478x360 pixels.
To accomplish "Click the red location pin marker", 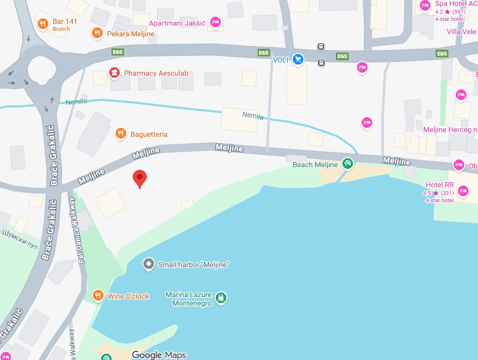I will [140, 177].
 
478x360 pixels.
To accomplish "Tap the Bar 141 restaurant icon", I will [42, 24].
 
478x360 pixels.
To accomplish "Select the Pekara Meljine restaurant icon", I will [98, 32].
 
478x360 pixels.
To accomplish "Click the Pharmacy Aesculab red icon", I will [114, 73].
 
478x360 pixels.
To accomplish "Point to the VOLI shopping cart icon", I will [298, 59].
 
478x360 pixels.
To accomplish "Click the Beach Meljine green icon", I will [347, 163].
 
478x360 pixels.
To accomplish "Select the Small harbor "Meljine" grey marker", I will [148, 264].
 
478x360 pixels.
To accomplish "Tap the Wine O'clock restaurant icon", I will [98, 295].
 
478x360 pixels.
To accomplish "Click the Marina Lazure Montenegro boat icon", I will [221, 298].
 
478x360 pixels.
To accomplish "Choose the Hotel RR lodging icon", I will [463, 191].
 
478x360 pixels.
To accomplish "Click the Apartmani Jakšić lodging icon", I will [215, 22].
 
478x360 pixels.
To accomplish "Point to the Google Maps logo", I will [159, 355].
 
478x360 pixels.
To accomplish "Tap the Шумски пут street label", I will [21, 239].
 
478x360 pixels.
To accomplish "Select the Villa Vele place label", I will [461, 32].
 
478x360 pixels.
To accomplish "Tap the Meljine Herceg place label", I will [450, 130].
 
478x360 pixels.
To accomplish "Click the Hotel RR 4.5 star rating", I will [438, 193].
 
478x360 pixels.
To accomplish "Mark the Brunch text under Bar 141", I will [61, 29].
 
